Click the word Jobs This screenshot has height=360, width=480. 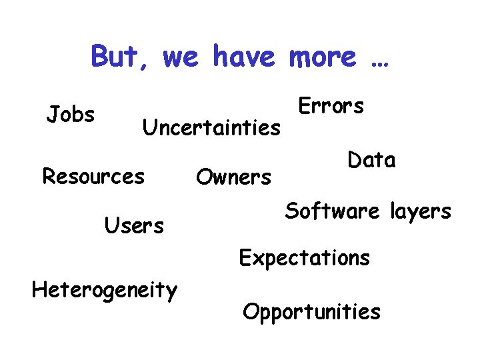tap(71, 115)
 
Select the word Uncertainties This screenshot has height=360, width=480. tap(212, 127)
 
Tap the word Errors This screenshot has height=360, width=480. tap(331, 106)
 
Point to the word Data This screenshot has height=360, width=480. tap(371, 160)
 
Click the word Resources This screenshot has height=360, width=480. tap(93, 177)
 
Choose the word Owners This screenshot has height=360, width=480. tap(233, 177)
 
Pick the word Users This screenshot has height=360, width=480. tap(134, 227)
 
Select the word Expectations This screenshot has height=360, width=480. tap(304, 258)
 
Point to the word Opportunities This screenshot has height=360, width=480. tap(312, 312)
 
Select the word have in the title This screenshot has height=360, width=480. tap(243, 56)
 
